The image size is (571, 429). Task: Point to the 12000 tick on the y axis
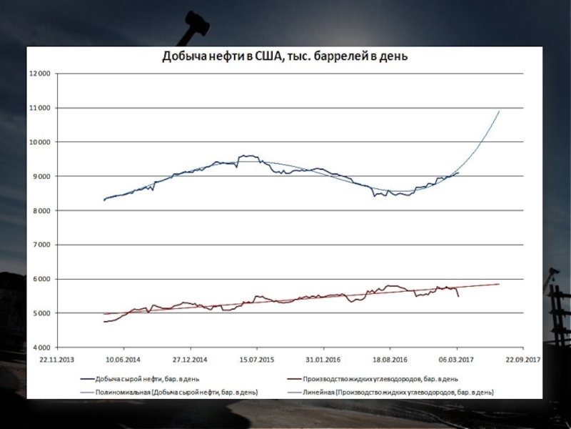(x=39, y=74)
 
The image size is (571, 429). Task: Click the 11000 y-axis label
(x=39, y=108)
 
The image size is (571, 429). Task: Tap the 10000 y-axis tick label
(x=39, y=142)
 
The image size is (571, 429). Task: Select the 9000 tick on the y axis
(x=41, y=177)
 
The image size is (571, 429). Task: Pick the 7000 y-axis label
(x=41, y=245)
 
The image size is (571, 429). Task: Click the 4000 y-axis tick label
(x=41, y=347)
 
